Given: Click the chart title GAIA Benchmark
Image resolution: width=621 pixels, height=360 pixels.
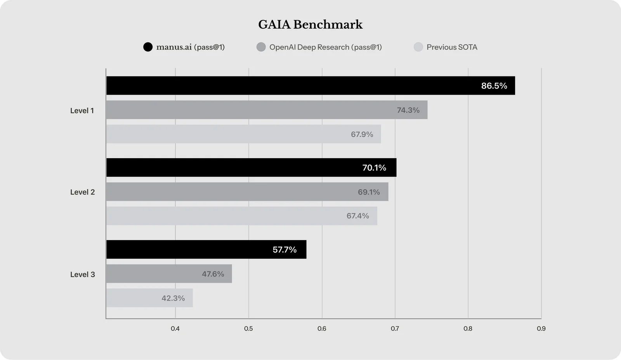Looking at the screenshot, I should click(310, 24).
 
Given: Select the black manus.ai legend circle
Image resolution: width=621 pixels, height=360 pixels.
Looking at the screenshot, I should click(148, 47).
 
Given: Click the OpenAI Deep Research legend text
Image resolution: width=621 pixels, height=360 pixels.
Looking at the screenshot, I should click(325, 47).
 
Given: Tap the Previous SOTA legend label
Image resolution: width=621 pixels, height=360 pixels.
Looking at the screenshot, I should click(452, 47).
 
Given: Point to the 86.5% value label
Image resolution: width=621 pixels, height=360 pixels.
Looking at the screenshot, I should click(494, 86).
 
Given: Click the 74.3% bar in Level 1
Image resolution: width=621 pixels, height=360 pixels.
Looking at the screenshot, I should click(267, 110).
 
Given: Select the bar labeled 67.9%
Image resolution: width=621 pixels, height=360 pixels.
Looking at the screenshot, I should click(243, 134).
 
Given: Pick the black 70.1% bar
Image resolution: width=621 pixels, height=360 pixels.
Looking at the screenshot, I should click(251, 168).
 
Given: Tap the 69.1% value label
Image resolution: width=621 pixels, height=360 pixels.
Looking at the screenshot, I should click(369, 192).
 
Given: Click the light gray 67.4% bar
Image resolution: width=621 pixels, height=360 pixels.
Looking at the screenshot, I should click(241, 216).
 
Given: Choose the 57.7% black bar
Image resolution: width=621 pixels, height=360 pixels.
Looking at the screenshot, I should click(206, 249).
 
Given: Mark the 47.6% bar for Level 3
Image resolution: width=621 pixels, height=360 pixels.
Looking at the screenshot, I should click(169, 274).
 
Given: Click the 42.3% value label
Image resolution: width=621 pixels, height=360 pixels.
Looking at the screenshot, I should click(173, 298).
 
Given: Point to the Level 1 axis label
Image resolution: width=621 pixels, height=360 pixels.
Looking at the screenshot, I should click(82, 111).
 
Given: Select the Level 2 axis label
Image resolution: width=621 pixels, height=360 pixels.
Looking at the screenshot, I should click(82, 192).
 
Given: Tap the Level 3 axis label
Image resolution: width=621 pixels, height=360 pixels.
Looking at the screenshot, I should click(82, 274).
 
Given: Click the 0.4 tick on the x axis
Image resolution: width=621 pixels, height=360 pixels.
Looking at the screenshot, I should click(175, 329).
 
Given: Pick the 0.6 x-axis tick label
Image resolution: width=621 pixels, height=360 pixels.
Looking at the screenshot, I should click(322, 329).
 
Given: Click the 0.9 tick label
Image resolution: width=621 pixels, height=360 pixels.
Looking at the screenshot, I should click(541, 329).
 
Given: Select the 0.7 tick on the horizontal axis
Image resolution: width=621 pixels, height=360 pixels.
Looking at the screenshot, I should click(395, 329).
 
